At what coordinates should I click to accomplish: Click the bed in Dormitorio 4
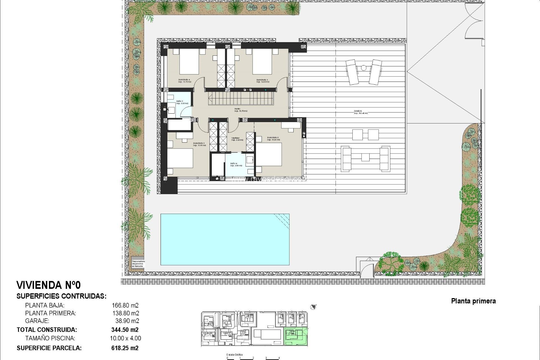189,64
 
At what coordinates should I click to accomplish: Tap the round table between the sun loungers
364,68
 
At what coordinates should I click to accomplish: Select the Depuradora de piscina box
138,264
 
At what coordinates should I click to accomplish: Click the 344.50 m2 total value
125,330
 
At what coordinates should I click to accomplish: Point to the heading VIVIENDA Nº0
49,285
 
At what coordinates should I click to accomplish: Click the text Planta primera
473,301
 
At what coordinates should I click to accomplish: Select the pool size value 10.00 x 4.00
125,338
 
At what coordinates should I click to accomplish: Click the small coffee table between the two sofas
365,157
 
